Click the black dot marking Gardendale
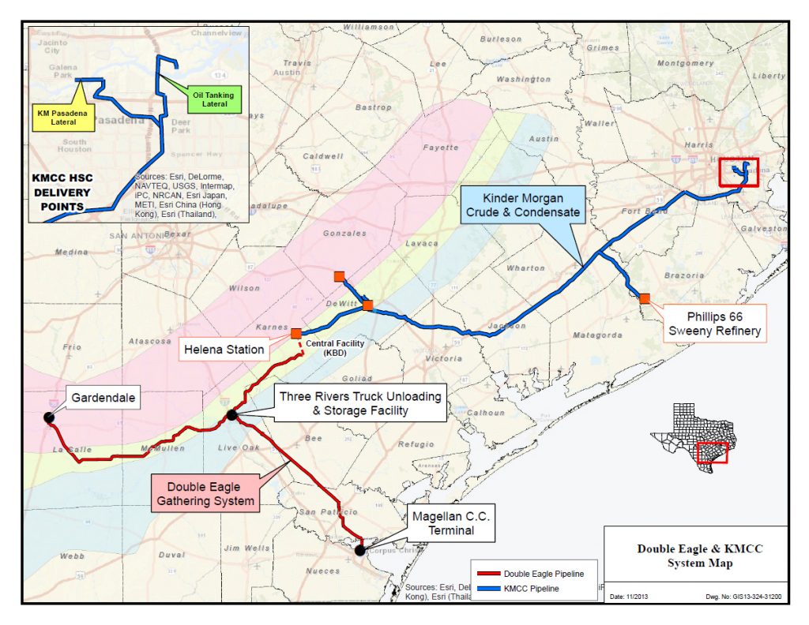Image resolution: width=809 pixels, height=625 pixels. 49,417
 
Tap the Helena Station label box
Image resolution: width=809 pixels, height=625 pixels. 224,349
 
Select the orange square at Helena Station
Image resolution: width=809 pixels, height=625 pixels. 296,334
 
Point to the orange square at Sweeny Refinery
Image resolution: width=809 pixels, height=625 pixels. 645,298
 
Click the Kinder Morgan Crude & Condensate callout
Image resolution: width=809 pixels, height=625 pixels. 525,205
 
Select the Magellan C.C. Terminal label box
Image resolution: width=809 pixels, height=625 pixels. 451,524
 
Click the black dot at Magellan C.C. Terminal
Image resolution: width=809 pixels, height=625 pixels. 360,550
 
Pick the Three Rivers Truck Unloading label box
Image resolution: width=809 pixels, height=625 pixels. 359,403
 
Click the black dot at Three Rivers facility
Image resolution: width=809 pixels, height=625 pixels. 231,414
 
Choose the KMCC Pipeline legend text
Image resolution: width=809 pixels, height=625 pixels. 535,589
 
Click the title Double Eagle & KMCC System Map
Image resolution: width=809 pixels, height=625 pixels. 695,556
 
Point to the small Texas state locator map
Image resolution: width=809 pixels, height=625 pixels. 690,436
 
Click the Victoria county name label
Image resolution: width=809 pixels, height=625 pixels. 442,358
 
